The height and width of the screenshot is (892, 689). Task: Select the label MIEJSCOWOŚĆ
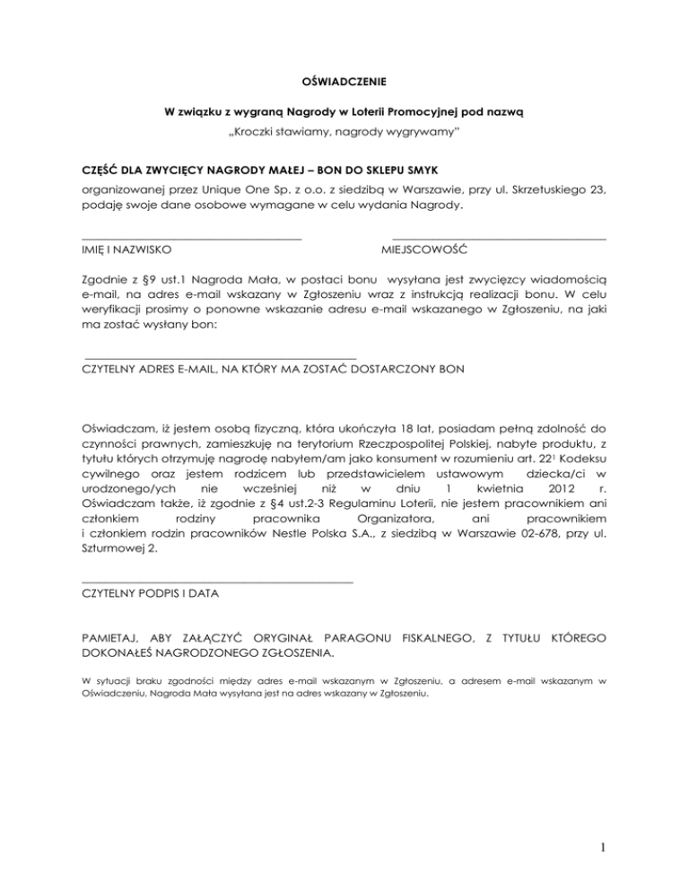430,249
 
